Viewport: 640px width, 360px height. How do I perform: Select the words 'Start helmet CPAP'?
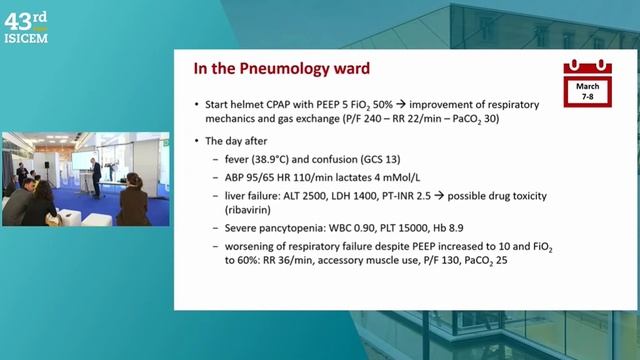[246, 104]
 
